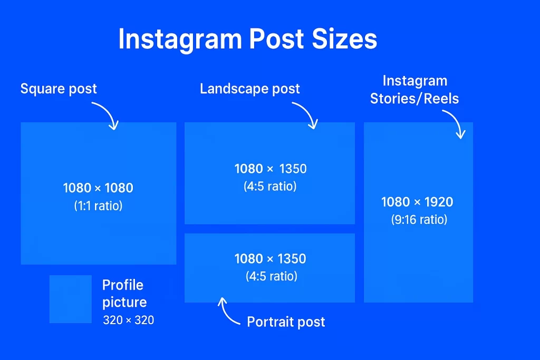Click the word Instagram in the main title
(x=180, y=39)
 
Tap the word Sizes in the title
(x=344, y=38)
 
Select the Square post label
(x=59, y=89)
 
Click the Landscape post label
(x=249, y=89)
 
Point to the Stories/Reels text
(x=414, y=99)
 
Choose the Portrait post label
(x=286, y=322)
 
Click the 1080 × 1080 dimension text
(x=98, y=188)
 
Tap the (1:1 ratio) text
(x=98, y=206)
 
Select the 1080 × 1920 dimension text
(x=417, y=202)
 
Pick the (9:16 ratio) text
(x=419, y=220)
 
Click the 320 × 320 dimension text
(x=129, y=320)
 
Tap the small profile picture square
(x=71, y=299)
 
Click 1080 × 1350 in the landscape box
(x=271, y=169)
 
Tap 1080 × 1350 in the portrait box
(x=271, y=259)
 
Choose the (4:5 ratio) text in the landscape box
(x=270, y=187)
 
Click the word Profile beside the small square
(x=122, y=285)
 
